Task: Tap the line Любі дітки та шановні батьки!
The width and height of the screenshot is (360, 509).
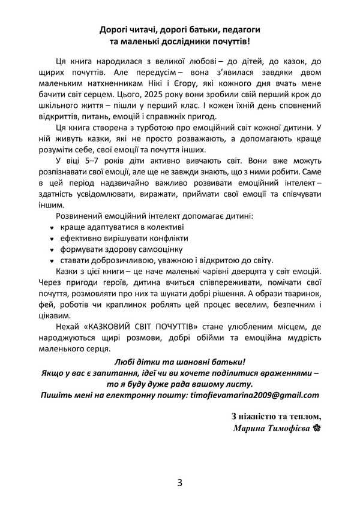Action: pyautogui.click(x=179, y=363)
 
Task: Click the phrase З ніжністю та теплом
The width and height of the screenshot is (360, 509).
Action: pyautogui.click(x=276, y=417)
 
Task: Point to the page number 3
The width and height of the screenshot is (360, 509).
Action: pyautogui.click(x=180, y=483)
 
